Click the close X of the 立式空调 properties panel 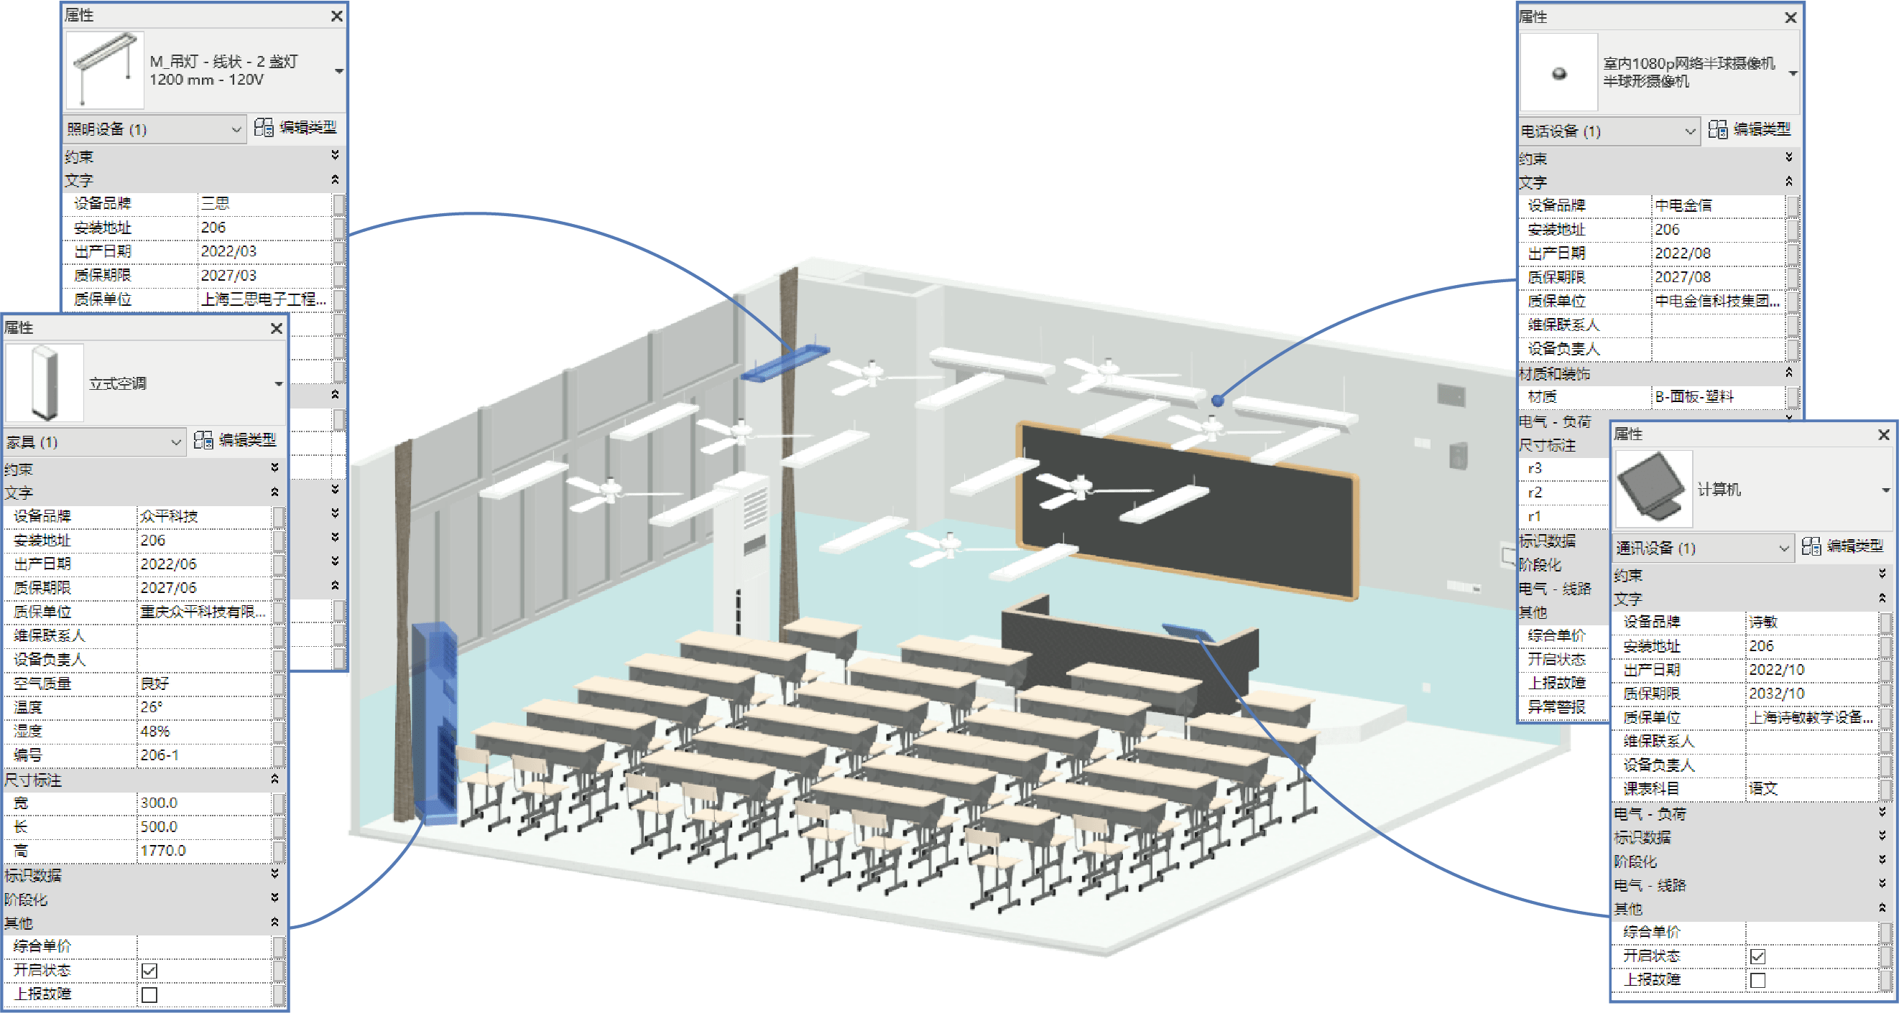pyautogui.click(x=277, y=329)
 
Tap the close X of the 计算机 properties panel pyautogui.click(x=1883, y=434)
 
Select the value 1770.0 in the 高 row pyautogui.click(x=163, y=850)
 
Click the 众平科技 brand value pyautogui.click(x=169, y=515)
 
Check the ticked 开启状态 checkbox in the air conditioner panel pyautogui.click(x=149, y=970)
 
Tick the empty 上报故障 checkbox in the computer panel pyautogui.click(x=1757, y=980)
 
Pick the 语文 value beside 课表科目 pyautogui.click(x=1762, y=788)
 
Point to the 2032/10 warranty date pyautogui.click(x=1776, y=694)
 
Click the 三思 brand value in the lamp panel pyautogui.click(x=216, y=203)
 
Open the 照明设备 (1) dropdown pyautogui.click(x=154, y=130)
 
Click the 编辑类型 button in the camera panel pyautogui.click(x=1749, y=130)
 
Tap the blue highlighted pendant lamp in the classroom pyautogui.click(x=785, y=363)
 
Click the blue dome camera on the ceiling pyautogui.click(x=1217, y=401)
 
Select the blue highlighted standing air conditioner pyautogui.click(x=434, y=722)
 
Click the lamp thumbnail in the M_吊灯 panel pyautogui.click(x=104, y=69)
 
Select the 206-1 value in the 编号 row pyautogui.click(x=160, y=755)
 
